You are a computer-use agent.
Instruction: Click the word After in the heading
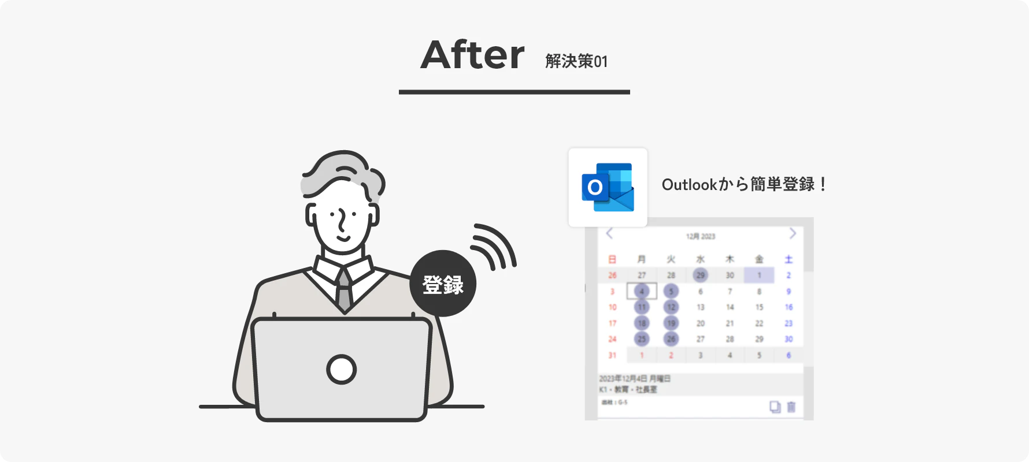[x=472, y=55]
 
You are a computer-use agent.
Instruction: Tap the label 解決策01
[x=576, y=61]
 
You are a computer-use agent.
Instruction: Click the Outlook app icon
[x=608, y=187]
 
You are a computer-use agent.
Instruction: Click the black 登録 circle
[x=443, y=284]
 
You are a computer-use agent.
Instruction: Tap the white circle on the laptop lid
[x=341, y=370]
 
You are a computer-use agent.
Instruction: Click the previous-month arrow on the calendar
[x=609, y=233]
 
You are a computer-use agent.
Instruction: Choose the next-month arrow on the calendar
[x=793, y=233]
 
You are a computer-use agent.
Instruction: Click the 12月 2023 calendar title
[x=701, y=236]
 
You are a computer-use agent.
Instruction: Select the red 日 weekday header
[x=612, y=259]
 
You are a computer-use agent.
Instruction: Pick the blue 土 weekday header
[x=789, y=259]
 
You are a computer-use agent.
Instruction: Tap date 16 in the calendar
[x=789, y=307]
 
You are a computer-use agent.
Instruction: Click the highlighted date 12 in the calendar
[x=671, y=307]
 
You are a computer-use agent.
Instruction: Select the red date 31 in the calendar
[x=612, y=355]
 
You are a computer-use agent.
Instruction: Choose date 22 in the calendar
[x=759, y=323]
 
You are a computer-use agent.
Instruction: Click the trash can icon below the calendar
[x=791, y=407]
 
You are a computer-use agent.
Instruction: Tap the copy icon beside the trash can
[x=775, y=407]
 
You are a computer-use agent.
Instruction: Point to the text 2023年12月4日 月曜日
[x=634, y=379]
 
